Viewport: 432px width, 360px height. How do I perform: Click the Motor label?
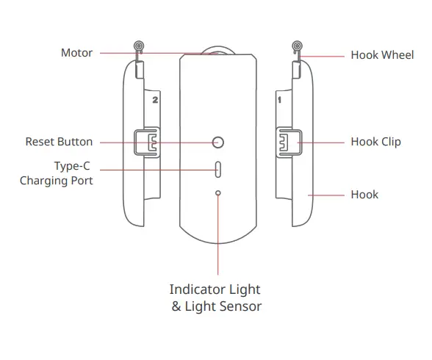point(76,53)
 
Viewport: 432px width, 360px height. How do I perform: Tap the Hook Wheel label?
point(382,55)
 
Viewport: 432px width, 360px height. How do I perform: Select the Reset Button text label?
point(59,142)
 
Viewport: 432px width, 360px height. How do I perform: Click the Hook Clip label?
point(375,142)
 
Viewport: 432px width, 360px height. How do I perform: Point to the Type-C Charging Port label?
point(57,173)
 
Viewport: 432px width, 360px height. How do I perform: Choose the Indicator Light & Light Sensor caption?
point(216,298)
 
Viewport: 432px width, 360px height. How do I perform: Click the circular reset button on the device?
point(217,142)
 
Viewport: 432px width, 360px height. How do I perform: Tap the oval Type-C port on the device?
point(217,168)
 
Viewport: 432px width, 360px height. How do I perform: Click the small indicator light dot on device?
point(217,193)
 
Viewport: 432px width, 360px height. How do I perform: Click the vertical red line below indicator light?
point(217,235)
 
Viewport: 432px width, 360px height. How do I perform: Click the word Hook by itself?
point(364,195)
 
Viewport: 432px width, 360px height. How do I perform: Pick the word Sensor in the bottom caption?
point(240,306)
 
